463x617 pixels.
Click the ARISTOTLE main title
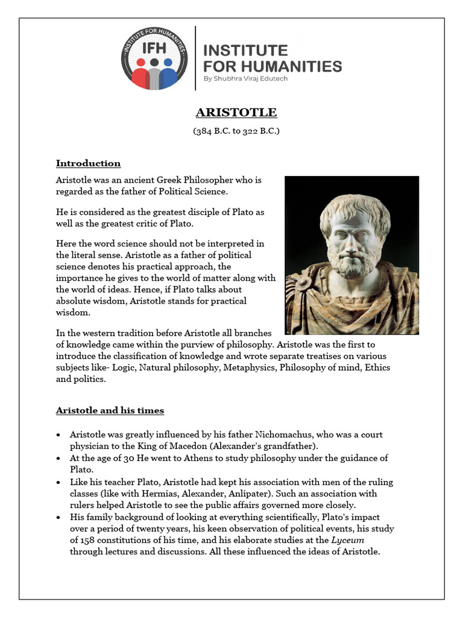click(x=236, y=113)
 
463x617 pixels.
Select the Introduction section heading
click(x=88, y=163)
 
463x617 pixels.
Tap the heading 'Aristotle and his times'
click(x=110, y=410)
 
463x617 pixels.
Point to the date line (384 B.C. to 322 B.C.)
click(x=236, y=131)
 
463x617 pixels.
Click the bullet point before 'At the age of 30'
click(x=58, y=459)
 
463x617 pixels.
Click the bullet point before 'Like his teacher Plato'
click(x=58, y=482)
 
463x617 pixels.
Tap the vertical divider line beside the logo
click(x=196, y=58)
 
